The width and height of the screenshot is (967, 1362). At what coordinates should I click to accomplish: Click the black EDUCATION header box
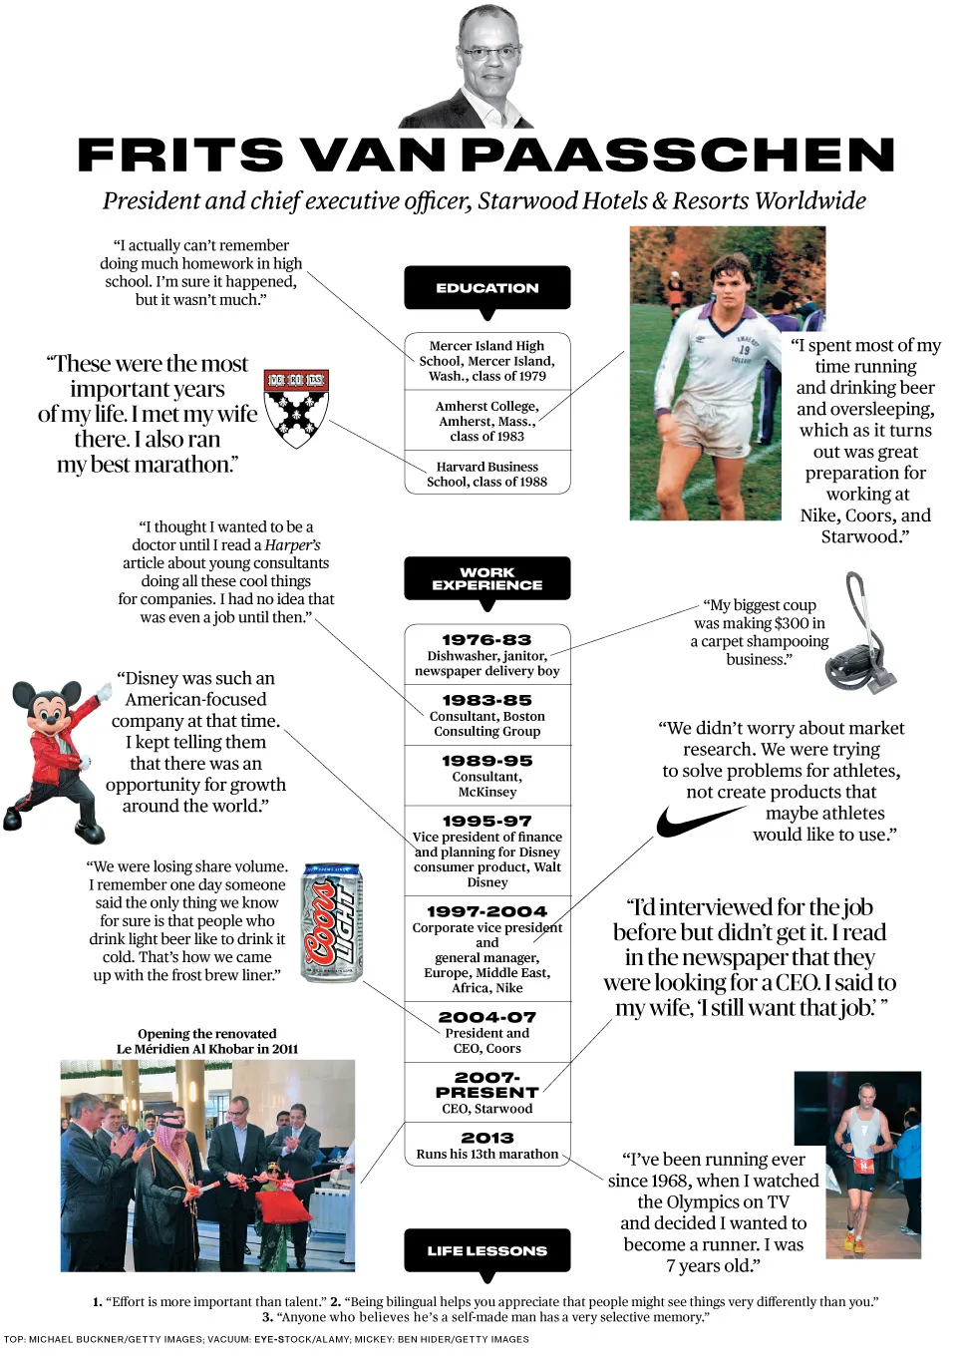[x=486, y=287]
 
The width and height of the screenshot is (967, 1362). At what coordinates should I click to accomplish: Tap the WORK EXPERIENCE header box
[x=486, y=578]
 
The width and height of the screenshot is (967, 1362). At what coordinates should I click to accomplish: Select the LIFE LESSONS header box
[x=486, y=1250]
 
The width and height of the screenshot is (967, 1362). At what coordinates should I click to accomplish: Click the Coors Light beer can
[x=332, y=923]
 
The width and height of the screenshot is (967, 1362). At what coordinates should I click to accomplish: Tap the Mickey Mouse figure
[x=56, y=752]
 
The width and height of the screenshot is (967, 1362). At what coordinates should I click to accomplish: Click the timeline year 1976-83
[x=486, y=640]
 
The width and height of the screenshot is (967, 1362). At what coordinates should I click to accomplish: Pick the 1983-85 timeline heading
[x=486, y=701]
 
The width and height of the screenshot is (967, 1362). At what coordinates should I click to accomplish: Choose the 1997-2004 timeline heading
[x=486, y=911]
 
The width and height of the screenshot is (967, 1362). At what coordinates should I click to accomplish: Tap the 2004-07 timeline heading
[x=486, y=1017]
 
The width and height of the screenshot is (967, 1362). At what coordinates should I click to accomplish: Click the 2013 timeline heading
[x=486, y=1138]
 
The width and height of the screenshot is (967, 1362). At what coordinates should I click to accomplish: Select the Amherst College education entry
[x=486, y=421]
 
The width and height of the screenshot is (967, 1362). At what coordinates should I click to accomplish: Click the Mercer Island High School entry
[x=486, y=361]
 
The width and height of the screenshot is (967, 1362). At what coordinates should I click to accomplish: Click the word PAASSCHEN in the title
[x=678, y=156]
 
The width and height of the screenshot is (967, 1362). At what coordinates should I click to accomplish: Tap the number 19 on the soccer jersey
[x=744, y=350]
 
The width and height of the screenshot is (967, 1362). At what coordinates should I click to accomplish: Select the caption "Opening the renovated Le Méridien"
[x=207, y=1041]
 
